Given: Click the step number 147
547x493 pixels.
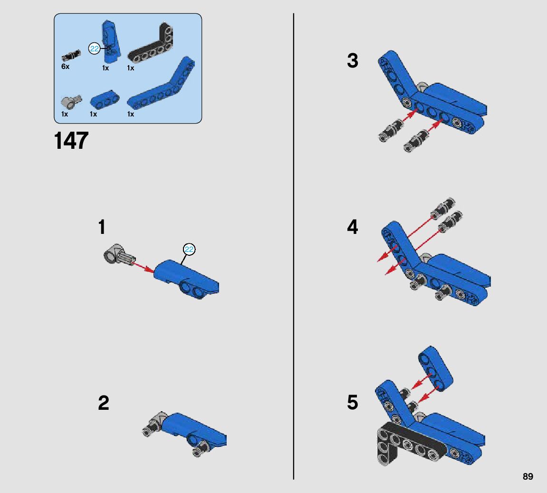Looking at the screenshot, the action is [x=71, y=141].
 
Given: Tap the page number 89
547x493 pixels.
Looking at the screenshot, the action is [x=528, y=477].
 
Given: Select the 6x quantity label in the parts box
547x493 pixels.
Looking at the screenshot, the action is [x=65, y=66].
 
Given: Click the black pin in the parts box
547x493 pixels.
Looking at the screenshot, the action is [x=71, y=55].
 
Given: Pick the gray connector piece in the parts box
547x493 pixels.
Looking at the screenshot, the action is [x=71, y=102].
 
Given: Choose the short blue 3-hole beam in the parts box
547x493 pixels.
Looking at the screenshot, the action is [x=105, y=100].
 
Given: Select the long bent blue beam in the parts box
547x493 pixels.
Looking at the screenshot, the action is [x=161, y=86].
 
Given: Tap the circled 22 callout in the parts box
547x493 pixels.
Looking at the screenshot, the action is [x=94, y=48].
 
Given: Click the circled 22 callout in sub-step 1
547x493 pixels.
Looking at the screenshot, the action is [x=189, y=249].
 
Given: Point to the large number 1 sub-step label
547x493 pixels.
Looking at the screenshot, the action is [x=102, y=227].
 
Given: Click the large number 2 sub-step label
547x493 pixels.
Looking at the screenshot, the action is [x=104, y=403].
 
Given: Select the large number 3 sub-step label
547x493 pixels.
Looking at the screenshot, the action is [x=353, y=61].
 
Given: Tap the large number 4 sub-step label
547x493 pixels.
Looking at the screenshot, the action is [x=353, y=227].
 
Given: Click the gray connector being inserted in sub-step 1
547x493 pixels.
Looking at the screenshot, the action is [x=119, y=255].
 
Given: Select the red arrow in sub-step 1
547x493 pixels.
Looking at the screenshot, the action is [x=144, y=267].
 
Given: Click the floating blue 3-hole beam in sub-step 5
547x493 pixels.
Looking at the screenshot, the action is [x=436, y=368].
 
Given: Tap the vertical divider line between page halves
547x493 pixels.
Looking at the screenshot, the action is [x=294, y=246].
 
